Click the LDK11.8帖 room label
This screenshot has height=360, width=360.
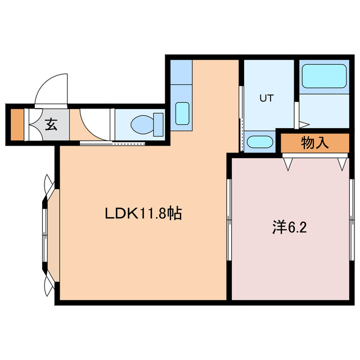[x=143, y=213]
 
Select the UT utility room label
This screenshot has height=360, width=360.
[x=266, y=98]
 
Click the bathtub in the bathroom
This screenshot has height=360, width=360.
[x=323, y=76]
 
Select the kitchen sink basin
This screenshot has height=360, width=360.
[x=182, y=113]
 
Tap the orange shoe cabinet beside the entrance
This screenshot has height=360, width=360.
[x=17, y=124]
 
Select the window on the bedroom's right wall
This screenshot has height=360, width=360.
[x=352, y=219]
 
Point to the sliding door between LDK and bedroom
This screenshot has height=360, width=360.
[x=229, y=219]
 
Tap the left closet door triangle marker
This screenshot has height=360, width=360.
[x=289, y=164]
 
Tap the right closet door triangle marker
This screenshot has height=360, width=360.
[x=343, y=164]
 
